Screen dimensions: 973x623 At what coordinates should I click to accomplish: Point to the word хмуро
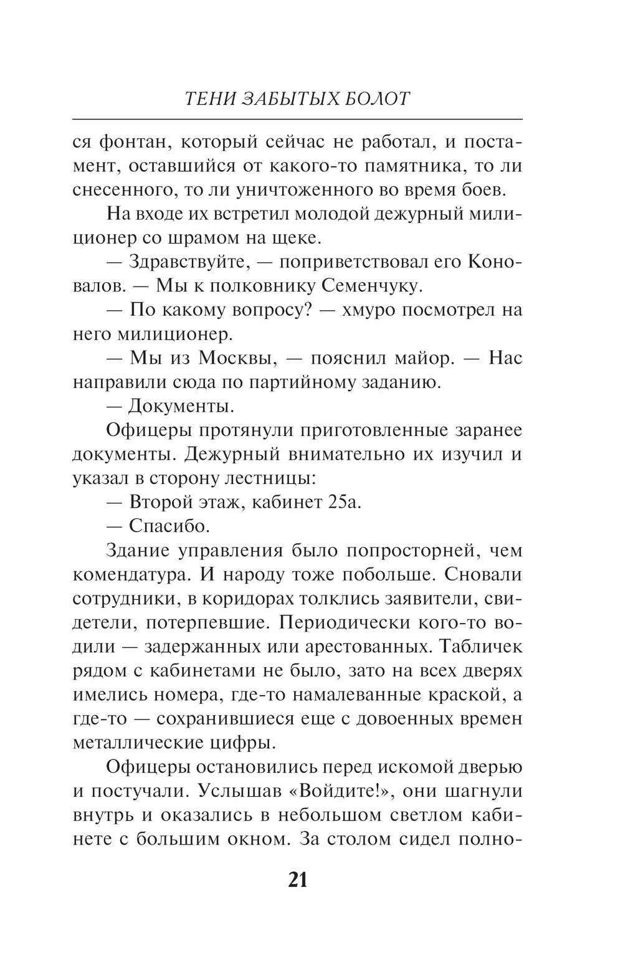click(x=371, y=310)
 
